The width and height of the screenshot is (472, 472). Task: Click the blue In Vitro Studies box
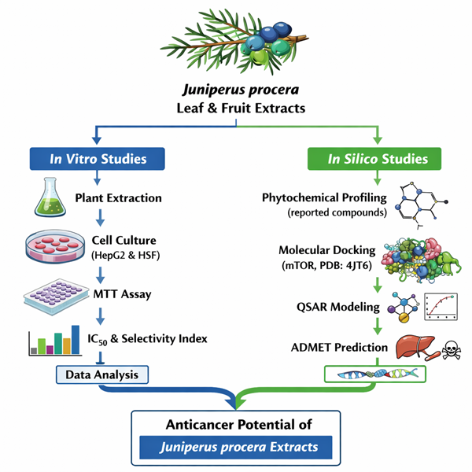click(98, 159)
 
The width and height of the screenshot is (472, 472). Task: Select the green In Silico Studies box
click(378, 159)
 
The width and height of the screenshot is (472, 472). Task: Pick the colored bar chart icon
click(54, 340)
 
